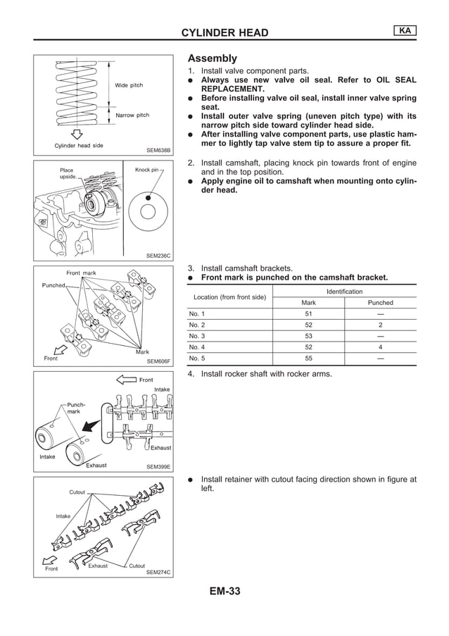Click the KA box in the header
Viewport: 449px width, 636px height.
405,30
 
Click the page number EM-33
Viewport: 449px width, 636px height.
224,591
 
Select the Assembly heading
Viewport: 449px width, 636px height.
212,58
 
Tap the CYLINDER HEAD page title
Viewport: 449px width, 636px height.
224,32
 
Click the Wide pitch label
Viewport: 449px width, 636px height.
129,85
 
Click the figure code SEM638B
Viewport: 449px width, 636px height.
158,150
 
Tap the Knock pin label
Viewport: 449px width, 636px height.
146,170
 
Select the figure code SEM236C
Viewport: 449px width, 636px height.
158,256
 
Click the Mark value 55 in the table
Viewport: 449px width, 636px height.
308,358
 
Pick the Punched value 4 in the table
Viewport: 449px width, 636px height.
380,347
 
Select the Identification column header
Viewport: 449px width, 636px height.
345,292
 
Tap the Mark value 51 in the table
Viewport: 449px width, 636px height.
308,313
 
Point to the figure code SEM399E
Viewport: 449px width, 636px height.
158,466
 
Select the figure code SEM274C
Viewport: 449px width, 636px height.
158,573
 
